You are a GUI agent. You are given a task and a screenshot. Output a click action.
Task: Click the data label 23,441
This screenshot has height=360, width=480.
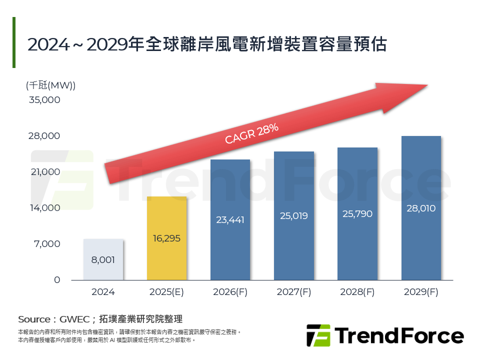point(230,219)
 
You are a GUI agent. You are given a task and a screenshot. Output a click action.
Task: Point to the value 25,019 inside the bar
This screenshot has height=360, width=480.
point(293,216)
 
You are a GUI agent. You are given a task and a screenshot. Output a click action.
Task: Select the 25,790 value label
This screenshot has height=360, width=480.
point(357,214)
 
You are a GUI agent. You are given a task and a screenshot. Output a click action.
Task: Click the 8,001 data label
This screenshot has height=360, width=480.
point(103,260)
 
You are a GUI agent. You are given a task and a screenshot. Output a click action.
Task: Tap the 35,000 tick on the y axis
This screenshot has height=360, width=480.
point(45,100)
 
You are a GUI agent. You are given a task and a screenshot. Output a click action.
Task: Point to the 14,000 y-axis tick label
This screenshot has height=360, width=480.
point(45,208)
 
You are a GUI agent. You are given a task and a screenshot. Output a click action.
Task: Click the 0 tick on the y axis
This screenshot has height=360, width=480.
point(57,280)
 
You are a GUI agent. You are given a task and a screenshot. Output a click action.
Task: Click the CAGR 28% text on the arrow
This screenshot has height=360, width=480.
point(251,133)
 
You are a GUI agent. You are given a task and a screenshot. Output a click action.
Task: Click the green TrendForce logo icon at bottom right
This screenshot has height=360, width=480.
point(318,335)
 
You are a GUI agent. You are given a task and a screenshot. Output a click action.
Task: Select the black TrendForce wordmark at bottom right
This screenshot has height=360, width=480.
point(399,335)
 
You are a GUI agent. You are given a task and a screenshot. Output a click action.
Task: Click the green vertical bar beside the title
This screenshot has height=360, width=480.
point(14,42)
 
